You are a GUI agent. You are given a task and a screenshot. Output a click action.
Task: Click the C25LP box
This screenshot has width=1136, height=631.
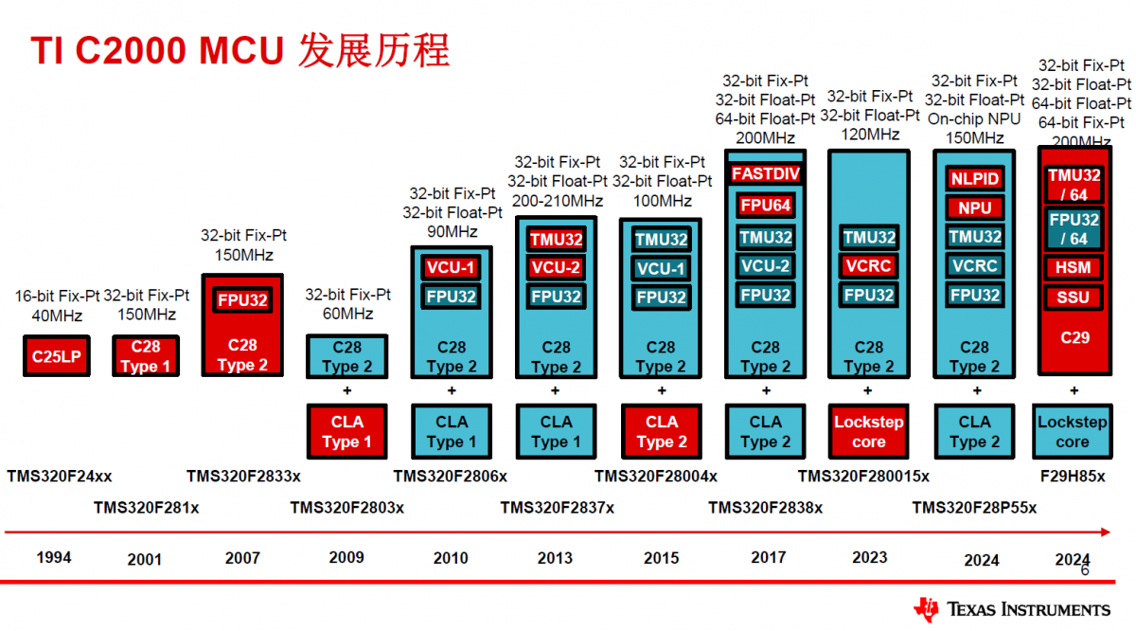pos(57,356)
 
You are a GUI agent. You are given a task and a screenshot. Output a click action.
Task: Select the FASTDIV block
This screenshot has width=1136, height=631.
pos(765,173)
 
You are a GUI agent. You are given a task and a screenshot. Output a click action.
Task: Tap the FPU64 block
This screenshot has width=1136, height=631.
pos(765,205)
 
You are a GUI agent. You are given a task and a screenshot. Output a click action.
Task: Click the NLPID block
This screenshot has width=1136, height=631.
pos(974,178)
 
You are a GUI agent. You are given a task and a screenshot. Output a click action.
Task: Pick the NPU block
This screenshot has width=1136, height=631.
pos(974,207)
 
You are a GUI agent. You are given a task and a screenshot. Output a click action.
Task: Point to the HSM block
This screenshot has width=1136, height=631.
pos(1074,267)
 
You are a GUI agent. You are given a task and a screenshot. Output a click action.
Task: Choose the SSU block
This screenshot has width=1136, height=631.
pos(1074,297)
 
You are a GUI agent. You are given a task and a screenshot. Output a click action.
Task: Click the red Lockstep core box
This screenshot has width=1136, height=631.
pos(869,431)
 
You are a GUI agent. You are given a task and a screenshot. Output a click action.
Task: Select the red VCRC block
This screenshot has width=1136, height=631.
pos(869,265)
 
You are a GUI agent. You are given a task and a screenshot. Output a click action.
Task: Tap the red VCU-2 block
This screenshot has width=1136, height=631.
pos(556,267)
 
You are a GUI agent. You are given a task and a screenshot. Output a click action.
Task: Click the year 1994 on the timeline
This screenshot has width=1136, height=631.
pos(54,557)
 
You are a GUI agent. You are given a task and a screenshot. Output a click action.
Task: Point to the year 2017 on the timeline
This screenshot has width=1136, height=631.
pos(769,557)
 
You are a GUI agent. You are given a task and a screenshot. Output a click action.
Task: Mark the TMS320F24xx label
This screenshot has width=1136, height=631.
pos(60,477)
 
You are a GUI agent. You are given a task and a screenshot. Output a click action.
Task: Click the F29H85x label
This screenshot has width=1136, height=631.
pos(1073,477)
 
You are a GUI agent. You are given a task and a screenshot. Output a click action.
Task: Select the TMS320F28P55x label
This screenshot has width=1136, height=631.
pos(974,508)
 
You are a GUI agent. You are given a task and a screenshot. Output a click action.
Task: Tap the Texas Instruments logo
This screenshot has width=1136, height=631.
pos(1012,609)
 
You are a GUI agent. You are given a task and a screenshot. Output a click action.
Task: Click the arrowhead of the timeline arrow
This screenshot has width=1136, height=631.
pos(1106,532)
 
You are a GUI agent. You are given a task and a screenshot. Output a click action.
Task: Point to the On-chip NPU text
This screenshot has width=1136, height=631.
pos(974,118)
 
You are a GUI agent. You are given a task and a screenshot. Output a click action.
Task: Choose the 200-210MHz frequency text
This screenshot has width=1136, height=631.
pos(557,201)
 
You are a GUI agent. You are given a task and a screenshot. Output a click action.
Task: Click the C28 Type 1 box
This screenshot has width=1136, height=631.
pos(146,356)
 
